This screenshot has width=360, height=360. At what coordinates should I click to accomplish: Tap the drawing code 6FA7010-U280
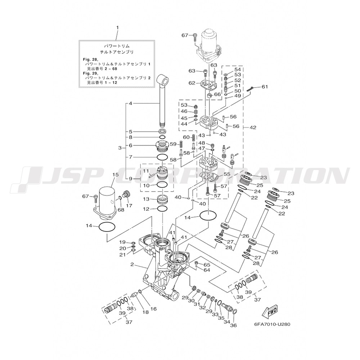272,324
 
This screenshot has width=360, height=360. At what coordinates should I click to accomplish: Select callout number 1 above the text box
118,27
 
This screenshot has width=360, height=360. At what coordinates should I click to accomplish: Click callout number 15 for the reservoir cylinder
116,175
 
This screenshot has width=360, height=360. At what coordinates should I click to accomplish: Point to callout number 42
253,127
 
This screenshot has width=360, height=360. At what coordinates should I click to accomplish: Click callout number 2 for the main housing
132,264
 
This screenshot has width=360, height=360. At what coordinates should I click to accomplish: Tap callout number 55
227,175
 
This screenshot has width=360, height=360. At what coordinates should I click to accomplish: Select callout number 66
217,94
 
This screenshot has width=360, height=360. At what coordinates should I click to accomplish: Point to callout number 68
121,210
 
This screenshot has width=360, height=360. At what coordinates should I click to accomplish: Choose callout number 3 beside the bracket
120,148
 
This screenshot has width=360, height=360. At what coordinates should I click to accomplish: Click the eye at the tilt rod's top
163,80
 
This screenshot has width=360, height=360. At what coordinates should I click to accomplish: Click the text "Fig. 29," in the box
91,74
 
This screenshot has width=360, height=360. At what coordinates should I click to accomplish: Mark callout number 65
207,265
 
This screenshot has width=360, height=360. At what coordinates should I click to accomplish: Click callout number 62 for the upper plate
192,83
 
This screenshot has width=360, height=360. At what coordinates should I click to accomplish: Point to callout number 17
129,206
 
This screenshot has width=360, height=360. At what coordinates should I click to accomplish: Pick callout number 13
146,199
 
